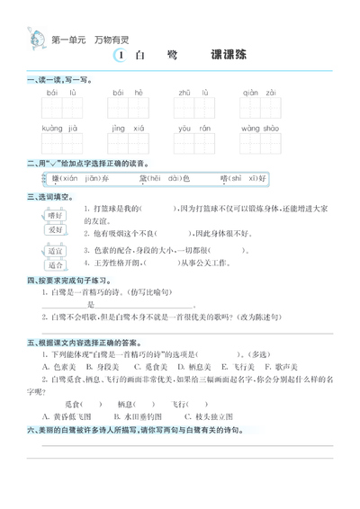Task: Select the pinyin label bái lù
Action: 54,93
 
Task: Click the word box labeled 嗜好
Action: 56,216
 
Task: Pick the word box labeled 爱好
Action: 56,229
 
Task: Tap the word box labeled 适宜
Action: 56,252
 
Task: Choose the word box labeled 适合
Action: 56,265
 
